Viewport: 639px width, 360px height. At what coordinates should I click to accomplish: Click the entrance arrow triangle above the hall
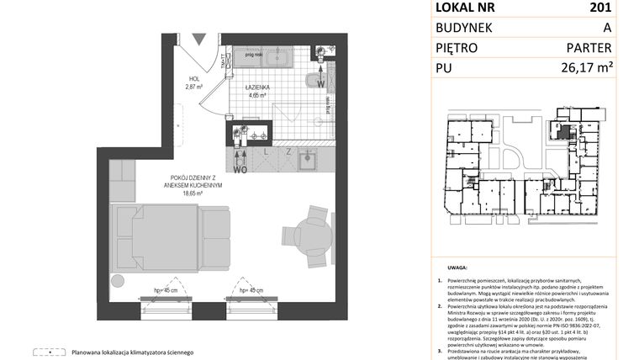click(198, 40)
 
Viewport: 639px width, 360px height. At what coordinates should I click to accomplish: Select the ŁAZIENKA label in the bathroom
click(256, 87)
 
